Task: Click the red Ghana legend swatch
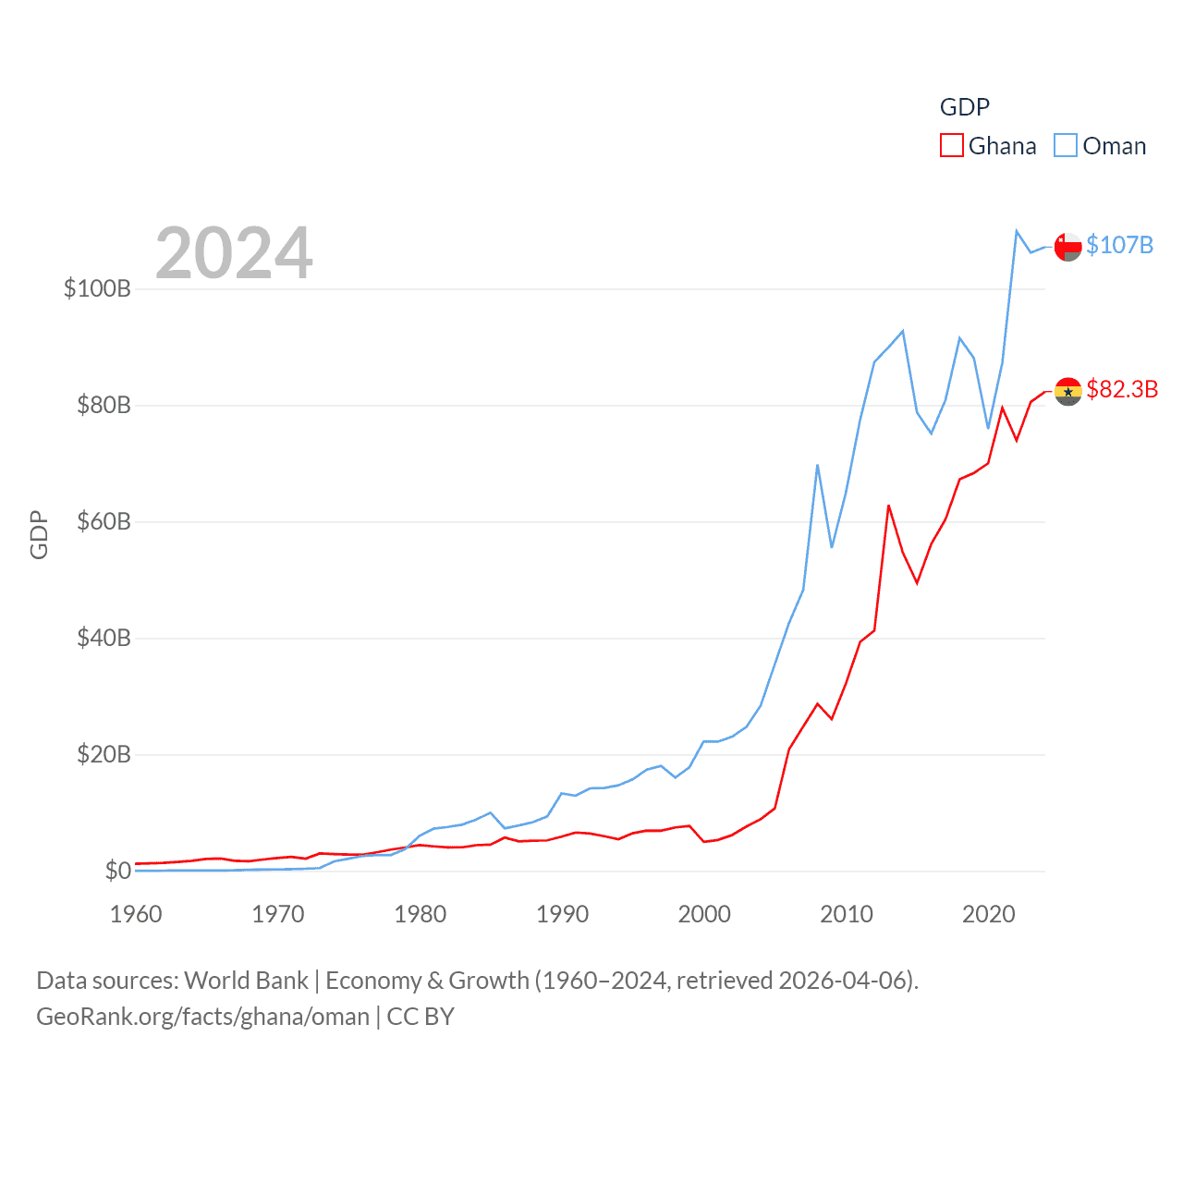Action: click(951, 146)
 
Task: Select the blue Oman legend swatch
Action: click(1066, 146)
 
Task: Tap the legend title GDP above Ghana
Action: click(964, 107)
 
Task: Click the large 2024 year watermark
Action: click(234, 252)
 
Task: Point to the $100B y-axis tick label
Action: click(97, 288)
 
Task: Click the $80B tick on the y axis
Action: click(104, 405)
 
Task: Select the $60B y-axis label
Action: click(104, 521)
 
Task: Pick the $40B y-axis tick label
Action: click(104, 638)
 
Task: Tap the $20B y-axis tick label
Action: click(104, 754)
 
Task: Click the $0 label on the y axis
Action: click(117, 871)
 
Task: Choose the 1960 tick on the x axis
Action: click(136, 914)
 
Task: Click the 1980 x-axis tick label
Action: click(420, 914)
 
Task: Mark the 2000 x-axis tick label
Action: click(704, 914)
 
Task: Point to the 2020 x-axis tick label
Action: click(988, 914)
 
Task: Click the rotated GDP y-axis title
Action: click(39, 534)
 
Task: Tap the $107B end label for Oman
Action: click(1119, 245)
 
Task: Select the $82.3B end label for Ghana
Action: click(1122, 389)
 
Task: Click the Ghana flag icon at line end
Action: click(1067, 391)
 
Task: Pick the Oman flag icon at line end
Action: click(1067, 247)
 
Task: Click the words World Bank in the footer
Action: click(246, 980)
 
